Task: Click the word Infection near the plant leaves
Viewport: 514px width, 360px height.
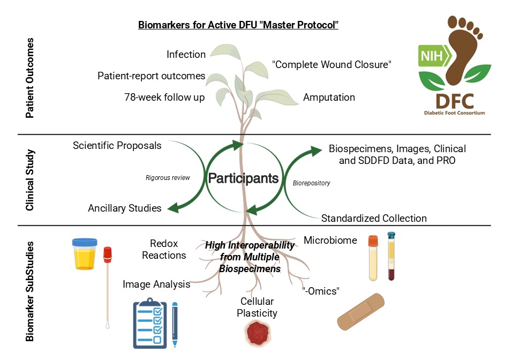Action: (x=186, y=55)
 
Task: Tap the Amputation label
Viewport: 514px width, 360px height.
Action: (x=329, y=97)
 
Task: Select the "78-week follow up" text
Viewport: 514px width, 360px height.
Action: (x=164, y=97)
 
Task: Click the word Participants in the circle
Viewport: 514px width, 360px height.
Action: (x=243, y=178)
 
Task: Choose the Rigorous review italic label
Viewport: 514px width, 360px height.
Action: (x=168, y=178)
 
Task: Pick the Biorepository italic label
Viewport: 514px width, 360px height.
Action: (x=312, y=183)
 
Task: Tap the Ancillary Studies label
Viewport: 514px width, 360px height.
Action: (x=125, y=208)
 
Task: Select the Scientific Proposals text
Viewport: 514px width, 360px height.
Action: (x=117, y=145)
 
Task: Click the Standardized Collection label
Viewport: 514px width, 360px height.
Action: (x=374, y=218)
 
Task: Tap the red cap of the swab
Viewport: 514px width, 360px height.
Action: (x=107, y=256)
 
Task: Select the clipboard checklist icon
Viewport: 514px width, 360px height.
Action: (x=150, y=325)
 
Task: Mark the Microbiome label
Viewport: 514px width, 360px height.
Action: (x=330, y=241)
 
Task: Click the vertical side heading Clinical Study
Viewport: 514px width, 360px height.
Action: (x=31, y=181)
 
